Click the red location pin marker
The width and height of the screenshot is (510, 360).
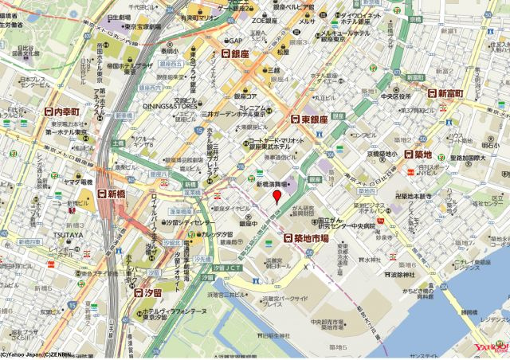point(277,195)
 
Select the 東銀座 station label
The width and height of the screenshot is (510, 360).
point(309,119)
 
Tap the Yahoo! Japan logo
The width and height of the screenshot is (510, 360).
point(491,349)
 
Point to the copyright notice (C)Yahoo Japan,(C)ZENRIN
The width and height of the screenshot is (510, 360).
point(35,355)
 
